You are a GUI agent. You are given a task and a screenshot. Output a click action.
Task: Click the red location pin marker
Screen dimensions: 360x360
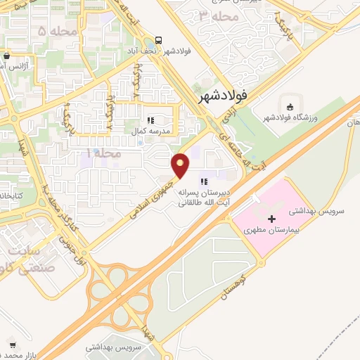pyautogui.click(x=181, y=165)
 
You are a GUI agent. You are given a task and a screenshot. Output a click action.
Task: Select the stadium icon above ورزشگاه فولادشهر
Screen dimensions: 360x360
pyautogui.click(x=289, y=106)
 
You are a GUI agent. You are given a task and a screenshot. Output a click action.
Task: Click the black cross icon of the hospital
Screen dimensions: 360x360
pyautogui.click(x=272, y=219)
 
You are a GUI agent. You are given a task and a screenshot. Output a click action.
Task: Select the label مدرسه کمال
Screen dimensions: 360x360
pyautogui.click(x=148, y=131)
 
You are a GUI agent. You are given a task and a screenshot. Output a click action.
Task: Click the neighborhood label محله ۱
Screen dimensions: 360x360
pyautogui.click(x=103, y=153)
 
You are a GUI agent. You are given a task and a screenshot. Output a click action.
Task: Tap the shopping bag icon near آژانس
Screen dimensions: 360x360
pyautogui.click(x=6, y=56)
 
